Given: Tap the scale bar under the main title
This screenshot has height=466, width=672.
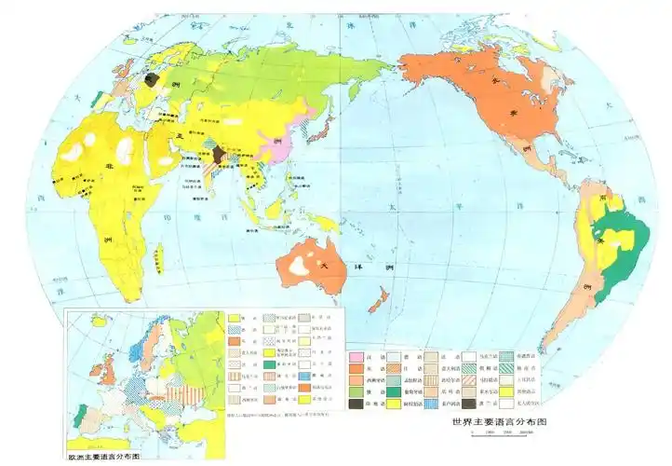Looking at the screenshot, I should pos(503,433).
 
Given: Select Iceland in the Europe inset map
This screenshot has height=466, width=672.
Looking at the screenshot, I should pos(97,323).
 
